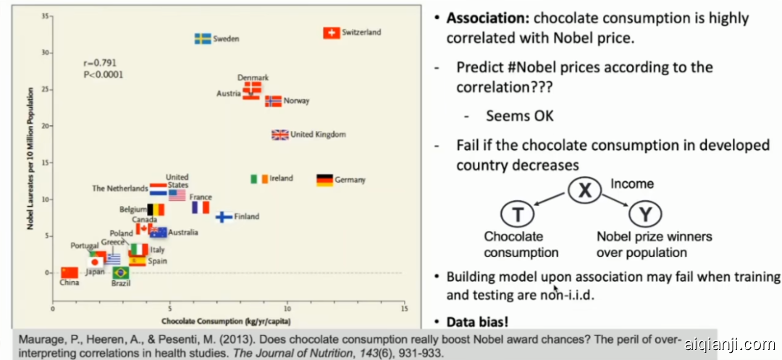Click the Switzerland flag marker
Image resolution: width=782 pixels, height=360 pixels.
pos(331,33)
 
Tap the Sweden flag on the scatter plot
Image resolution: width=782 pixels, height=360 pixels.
pos(203,38)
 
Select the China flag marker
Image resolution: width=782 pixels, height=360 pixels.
pos(70,272)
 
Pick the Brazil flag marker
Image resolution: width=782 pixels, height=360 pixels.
pos(121,272)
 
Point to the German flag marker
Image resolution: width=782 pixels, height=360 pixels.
pos(324,180)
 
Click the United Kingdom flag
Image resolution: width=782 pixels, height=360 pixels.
pos(279,135)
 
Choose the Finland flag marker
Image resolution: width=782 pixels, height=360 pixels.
pos(224,217)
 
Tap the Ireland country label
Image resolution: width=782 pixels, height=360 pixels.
pos(281,179)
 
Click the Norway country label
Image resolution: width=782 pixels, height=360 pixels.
pos(296,101)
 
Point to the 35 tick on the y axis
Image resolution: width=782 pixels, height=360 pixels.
pos(46,16)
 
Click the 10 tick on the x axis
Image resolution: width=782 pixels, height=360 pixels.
pos(287,308)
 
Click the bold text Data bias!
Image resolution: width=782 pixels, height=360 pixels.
pos(485,322)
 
